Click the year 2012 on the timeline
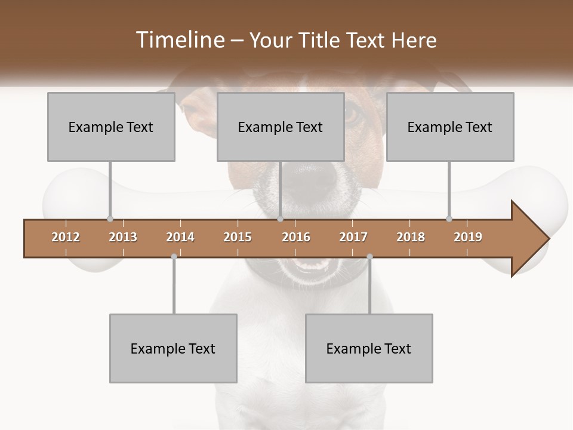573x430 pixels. [66, 237]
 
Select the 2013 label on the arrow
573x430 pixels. [123, 237]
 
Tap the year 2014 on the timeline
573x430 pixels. [180, 237]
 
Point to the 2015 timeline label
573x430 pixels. [238, 237]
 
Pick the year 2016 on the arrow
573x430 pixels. [296, 237]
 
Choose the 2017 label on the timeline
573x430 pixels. [353, 237]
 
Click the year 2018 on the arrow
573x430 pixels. [411, 237]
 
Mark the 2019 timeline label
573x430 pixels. [468, 237]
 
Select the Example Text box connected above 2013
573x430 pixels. [111, 127]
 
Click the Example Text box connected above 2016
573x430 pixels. [281, 127]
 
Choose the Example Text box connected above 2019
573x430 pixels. [450, 127]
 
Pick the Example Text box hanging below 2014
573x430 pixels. [173, 348]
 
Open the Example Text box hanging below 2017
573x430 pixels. [369, 348]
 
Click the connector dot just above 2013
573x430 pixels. [110, 219]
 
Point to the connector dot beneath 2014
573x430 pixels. [174, 257]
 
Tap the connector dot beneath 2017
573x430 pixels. [369, 257]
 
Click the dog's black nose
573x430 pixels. [310, 179]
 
